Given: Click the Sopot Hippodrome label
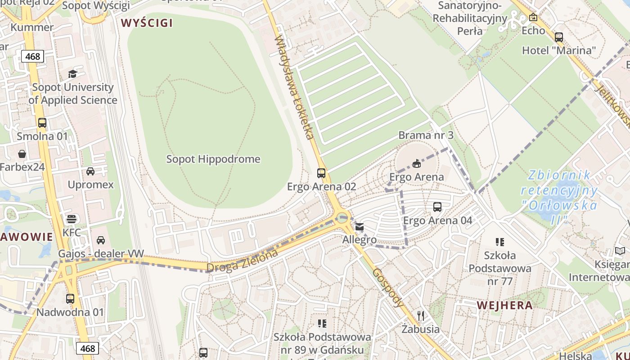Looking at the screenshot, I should tap(213, 159).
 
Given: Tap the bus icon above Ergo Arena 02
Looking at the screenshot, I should tap(321, 173).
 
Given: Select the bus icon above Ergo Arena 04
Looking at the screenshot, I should tap(437, 207).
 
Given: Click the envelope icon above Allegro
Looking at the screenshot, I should tap(359, 227).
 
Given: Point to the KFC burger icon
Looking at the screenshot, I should tap(72, 219).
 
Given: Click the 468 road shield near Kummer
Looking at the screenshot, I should tap(32, 56).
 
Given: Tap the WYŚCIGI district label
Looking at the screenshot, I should tap(147, 23).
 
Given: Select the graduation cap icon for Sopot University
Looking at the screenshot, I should tap(72, 74).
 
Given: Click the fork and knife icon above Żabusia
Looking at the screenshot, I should tap(421, 315).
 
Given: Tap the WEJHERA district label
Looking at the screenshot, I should tap(504, 306).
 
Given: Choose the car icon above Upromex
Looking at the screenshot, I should tap(90, 171).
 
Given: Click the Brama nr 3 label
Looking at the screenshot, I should tap(426, 135).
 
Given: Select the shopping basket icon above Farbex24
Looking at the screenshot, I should tap(22, 154).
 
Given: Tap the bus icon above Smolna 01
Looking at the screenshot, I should tap(42, 122).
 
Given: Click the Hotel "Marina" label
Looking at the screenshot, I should tap(558, 50).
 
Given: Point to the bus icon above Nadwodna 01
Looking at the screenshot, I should tap(70, 298).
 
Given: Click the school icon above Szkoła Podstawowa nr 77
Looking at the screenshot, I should tap(499, 242).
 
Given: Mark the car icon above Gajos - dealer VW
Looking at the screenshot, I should tap(101, 240).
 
